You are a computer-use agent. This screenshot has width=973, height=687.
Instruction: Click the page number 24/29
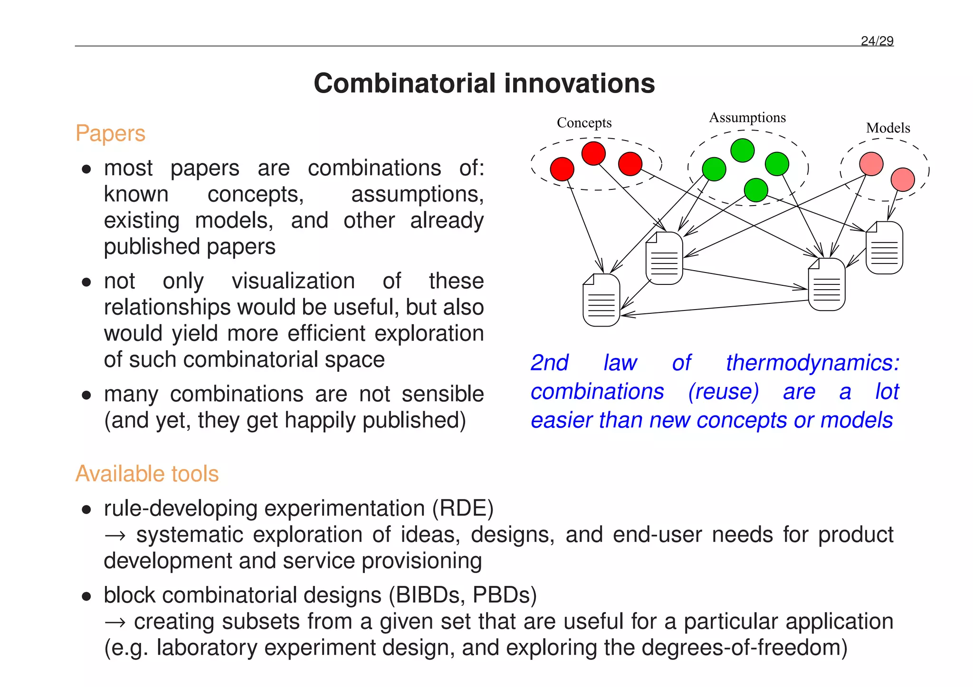(x=877, y=41)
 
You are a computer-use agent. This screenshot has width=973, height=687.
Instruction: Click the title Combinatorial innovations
(x=484, y=84)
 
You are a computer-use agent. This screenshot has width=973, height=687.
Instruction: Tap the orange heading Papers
(x=110, y=133)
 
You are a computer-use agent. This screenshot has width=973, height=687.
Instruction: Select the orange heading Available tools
(x=147, y=474)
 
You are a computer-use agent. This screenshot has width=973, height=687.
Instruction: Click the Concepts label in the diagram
(x=584, y=123)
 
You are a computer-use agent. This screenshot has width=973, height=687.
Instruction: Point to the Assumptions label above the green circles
(x=747, y=118)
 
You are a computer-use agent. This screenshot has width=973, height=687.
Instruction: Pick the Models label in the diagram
(x=888, y=128)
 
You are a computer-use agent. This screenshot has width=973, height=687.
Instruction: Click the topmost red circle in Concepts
(x=593, y=153)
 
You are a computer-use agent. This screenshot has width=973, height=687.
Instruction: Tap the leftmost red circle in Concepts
(x=562, y=169)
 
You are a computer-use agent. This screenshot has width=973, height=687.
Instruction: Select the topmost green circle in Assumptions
(x=742, y=151)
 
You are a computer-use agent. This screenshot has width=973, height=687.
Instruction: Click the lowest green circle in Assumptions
(x=756, y=190)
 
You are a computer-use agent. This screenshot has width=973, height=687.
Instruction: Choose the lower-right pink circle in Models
(x=903, y=179)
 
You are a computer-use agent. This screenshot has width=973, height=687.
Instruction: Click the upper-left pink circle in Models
(x=871, y=164)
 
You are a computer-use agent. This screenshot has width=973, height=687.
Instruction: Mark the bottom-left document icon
(x=601, y=300)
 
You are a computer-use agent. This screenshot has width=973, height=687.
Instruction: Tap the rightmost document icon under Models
(x=884, y=248)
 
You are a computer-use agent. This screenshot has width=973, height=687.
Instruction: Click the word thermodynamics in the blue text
(x=812, y=363)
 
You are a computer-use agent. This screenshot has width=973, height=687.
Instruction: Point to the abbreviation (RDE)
(x=463, y=508)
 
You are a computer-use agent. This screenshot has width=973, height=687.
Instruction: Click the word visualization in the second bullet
(x=293, y=281)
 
